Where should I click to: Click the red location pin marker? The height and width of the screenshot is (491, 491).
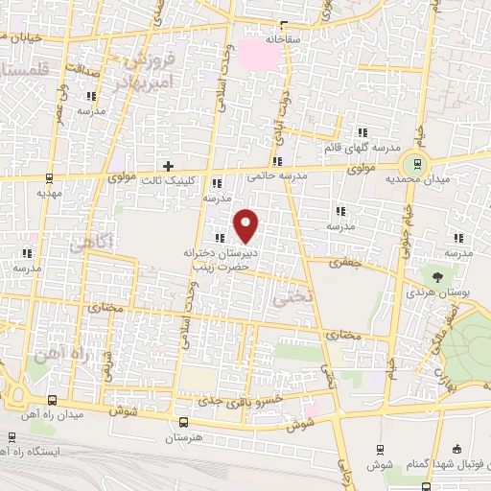pyautogui.click(x=246, y=225)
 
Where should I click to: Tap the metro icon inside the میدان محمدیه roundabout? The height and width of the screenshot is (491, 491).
pyautogui.click(x=414, y=161)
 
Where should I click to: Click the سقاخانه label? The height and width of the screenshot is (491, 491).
pyautogui.click(x=260, y=41)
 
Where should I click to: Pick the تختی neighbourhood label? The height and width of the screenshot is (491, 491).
pyautogui.click(x=294, y=297)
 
